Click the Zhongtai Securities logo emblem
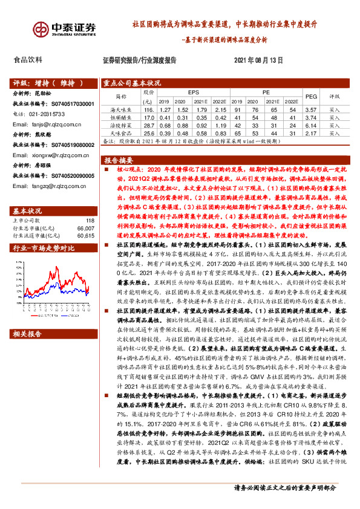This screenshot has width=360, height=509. coord(41,29)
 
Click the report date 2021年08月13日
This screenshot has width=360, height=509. coord(258,60)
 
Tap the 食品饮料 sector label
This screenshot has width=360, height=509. coord(28,60)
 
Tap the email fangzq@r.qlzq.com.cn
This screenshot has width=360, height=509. coord(44,187)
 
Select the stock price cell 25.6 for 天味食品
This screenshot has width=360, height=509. coord(148,131)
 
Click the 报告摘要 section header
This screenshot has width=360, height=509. coord(119,161)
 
